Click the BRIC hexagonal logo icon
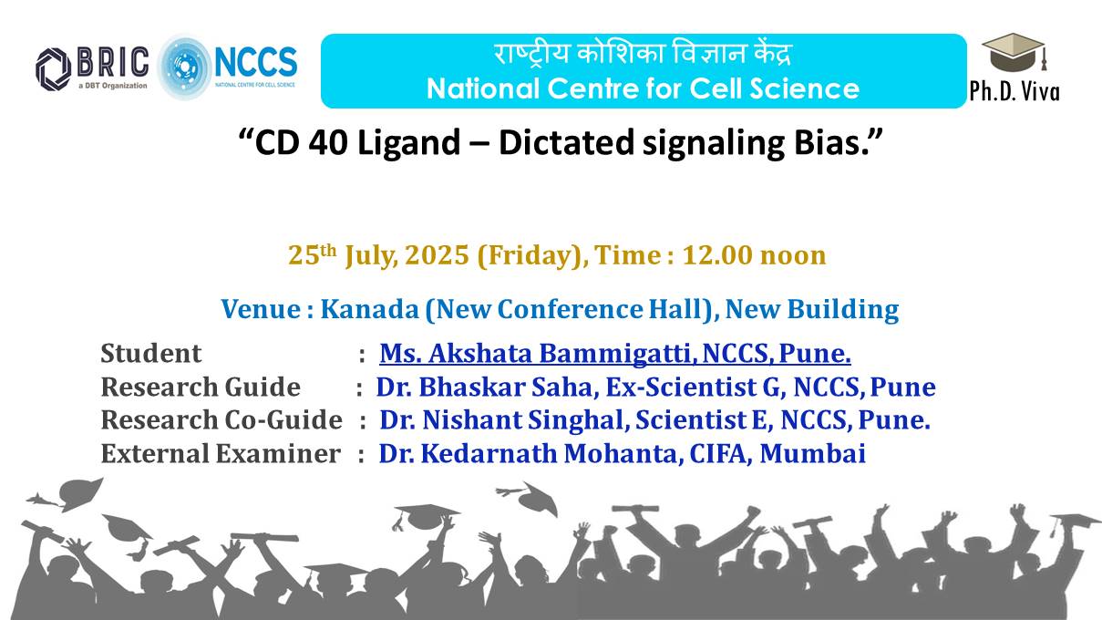coord(54,69)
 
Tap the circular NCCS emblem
coord(184,67)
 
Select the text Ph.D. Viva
coord(1014,91)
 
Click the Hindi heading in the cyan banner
coord(643,54)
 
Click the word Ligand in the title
coord(409,144)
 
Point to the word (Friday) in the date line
coord(530,256)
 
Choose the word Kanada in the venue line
coord(369,309)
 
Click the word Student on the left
coord(151,353)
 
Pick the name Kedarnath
coord(489,454)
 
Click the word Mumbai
coord(813,454)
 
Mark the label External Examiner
coord(221,454)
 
